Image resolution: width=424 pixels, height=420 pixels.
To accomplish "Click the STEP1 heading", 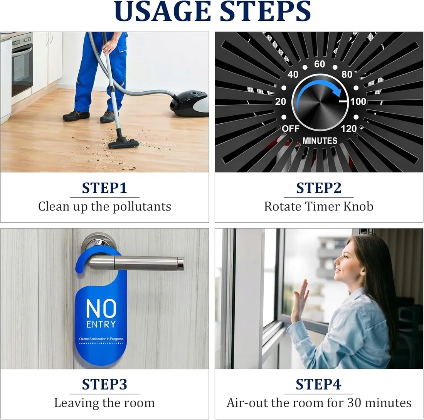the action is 104,188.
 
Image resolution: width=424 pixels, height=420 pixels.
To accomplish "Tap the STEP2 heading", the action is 319,188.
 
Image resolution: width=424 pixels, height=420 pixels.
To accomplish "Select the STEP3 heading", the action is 104,384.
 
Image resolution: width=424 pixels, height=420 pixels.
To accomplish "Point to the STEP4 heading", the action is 318,384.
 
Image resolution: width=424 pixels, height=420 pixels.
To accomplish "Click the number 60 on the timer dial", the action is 320,64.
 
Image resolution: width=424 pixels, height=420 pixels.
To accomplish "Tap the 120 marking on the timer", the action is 349,129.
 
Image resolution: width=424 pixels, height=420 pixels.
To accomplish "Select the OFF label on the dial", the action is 291,129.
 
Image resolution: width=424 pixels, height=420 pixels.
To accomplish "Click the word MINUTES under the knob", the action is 320,141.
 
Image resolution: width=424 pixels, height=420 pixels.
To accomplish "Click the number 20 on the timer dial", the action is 281,101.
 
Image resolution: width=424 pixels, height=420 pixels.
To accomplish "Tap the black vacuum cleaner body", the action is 189,103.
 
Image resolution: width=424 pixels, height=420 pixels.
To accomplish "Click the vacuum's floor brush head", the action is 124,143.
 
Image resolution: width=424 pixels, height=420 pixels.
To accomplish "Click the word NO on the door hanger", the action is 101,308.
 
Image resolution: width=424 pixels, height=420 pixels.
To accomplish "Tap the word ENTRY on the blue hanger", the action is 101,324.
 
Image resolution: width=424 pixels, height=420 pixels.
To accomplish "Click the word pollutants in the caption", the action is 142,207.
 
